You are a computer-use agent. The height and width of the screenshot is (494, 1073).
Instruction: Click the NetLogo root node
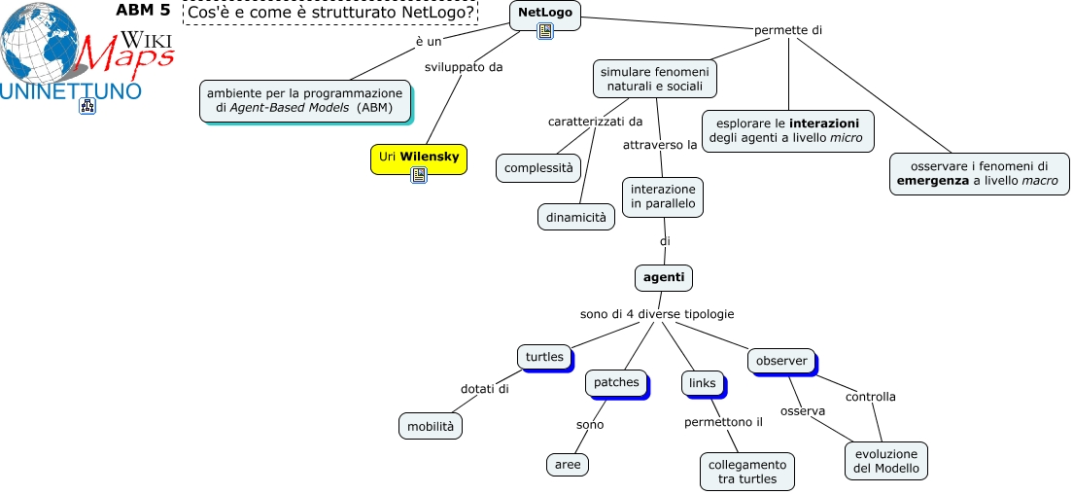coord(544,12)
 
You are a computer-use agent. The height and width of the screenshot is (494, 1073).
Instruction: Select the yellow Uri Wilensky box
coord(419,157)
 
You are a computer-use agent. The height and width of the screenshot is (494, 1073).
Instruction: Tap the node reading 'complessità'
coord(538,167)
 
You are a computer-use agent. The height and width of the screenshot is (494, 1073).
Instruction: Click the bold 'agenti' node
coord(664,277)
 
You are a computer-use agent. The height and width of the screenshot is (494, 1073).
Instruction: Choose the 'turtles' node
coord(544,357)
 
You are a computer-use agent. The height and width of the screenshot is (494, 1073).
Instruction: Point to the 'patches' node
coord(616,382)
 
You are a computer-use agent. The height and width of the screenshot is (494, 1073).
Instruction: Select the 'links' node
coord(702,383)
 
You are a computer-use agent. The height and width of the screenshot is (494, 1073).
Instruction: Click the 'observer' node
coord(781,361)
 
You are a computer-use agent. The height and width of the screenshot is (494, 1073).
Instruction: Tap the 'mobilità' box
coord(430,426)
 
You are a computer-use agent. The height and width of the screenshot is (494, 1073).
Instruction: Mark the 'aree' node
coord(568,465)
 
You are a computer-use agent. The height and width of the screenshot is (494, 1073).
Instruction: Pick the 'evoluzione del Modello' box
coord(885,461)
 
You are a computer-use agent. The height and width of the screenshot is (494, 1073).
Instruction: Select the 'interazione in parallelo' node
coord(663,195)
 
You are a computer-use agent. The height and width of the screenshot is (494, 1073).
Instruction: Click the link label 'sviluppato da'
coord(464,67)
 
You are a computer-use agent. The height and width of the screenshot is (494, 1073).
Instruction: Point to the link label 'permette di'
coord(788,30)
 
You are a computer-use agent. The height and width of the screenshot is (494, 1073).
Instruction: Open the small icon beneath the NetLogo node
coord(545,31)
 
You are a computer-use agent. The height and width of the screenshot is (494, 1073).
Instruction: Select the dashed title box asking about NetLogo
coord(330,13)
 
